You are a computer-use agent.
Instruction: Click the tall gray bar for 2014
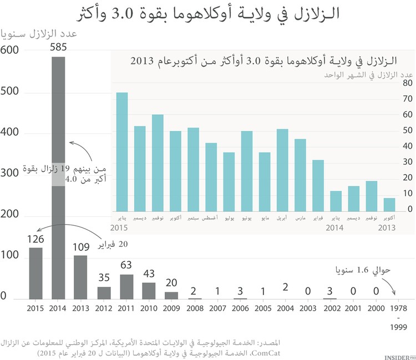[x=58, y=111]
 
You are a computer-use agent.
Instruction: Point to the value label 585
[x=58, y=48]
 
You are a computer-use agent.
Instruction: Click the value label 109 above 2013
[x=81, y=247]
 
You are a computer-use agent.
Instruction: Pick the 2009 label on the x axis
[x=171, y=308]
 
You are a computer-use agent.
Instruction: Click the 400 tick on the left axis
[x=10, y=133]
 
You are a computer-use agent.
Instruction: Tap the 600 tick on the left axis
[x=10, y=50]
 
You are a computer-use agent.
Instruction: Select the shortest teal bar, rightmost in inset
[x=389, y=205]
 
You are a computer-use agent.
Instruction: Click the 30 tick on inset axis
[x=407, y=162]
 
